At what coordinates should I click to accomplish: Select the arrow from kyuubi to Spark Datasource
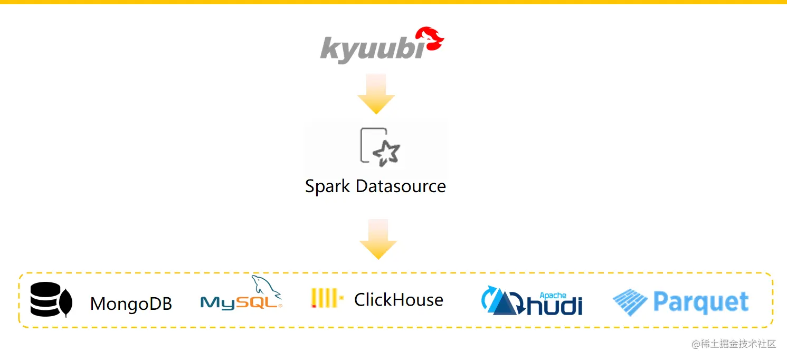pos(376,93)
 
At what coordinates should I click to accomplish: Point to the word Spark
pos(328,186)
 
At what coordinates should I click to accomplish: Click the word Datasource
pos(401,186)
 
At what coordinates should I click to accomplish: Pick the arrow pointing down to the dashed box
pos(378,239)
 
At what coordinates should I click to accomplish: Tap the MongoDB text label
pos(131,304)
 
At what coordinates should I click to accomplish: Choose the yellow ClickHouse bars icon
pos(326,298)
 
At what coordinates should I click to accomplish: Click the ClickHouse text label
pos(399,300)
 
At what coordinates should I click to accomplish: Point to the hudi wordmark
pos(554,305)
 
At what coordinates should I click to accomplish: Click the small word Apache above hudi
pos(553,296)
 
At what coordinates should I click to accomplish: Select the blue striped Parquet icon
pos(630,302)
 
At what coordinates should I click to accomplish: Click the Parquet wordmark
pos(701,302)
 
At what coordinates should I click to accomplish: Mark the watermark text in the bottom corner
pos(734,344)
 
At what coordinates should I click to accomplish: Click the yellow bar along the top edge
pos(393,2)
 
